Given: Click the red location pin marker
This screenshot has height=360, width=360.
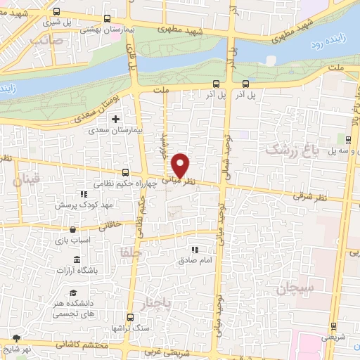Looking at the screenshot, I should point(181,165).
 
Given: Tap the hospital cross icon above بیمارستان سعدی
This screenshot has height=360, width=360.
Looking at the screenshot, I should point(116,118).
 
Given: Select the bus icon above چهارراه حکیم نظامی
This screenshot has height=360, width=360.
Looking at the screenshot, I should point(125,172).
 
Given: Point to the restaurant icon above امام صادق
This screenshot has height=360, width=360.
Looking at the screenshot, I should point(195,250).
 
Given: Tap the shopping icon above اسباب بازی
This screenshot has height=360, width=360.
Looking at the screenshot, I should point(72,229).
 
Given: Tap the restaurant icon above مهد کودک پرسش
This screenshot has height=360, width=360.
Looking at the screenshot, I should point(82,193).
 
